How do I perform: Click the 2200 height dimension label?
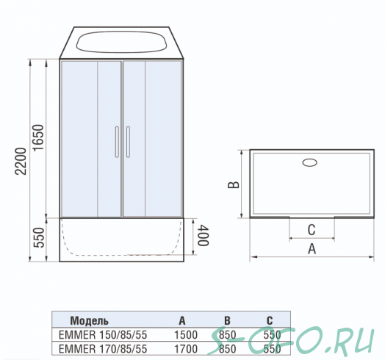tap(21, 162)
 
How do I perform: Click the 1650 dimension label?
tap(38, 138)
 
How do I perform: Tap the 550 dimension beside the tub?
tap(39, 238)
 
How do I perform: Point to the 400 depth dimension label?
tap(204, 235)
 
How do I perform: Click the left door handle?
tap(117, 142)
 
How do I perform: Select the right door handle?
tap(128, 142)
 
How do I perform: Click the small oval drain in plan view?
tap(309, 162)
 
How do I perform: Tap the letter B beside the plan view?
tap(234, 185)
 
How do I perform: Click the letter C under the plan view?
tap(312, 230)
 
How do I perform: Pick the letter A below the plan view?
tap(312, 249)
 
